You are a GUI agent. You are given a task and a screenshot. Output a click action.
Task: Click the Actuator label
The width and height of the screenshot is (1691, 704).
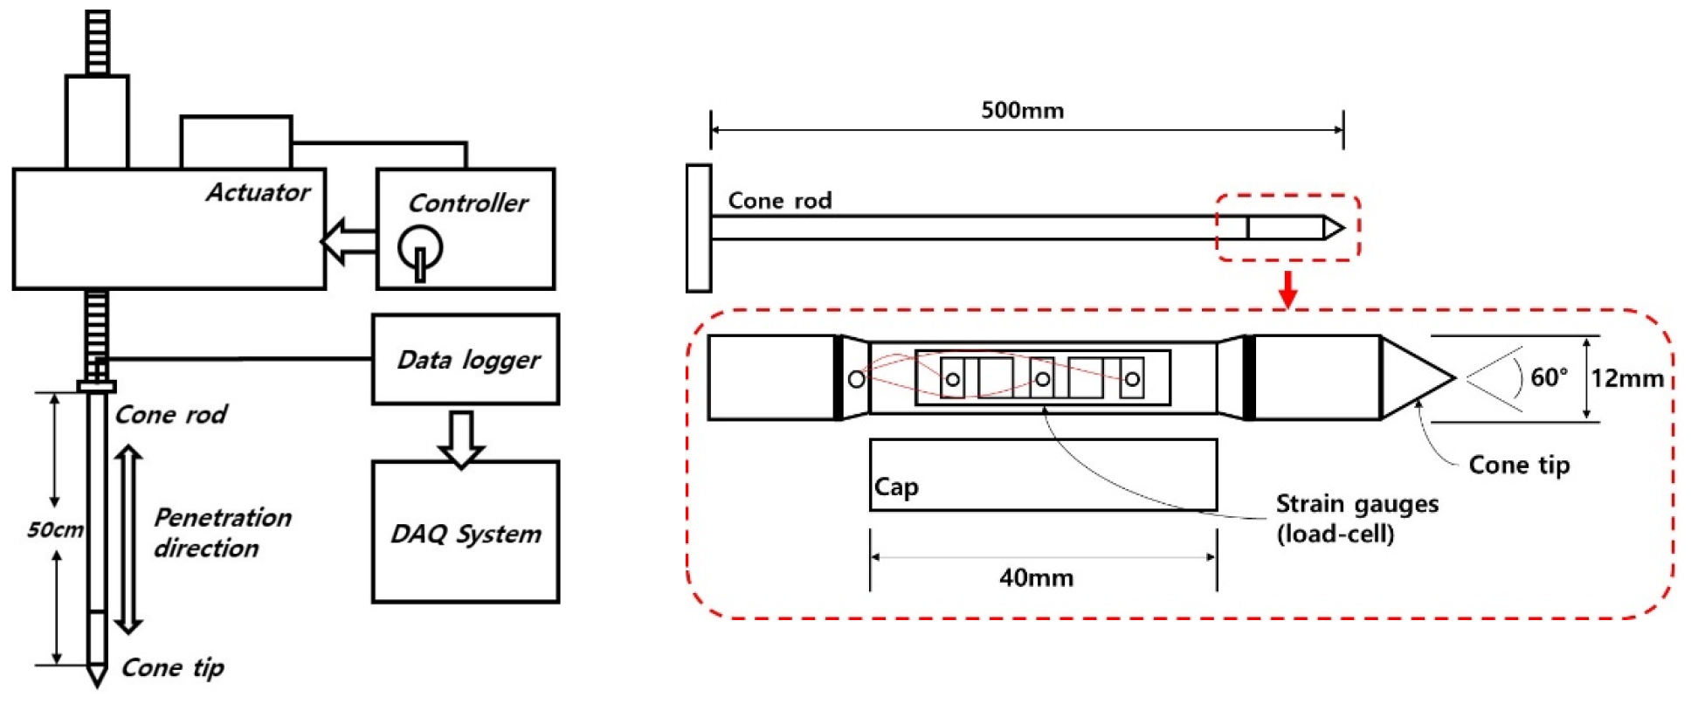[x=258, y=192]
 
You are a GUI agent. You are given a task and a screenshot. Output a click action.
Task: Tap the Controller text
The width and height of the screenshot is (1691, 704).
[x=467, y=204]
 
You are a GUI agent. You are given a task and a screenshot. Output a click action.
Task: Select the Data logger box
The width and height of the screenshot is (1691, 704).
[x=466, y=359]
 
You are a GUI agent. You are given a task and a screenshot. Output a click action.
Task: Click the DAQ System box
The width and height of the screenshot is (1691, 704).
[x=466, y=532]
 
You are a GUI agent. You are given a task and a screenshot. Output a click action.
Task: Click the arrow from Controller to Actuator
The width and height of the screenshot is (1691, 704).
[x=349, y=240]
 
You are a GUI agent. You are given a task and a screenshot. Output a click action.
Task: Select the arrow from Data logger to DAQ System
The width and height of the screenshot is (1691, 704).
[x=460, y=437]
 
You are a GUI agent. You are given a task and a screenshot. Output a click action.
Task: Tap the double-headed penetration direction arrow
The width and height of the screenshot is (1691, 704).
[x=128, y=539]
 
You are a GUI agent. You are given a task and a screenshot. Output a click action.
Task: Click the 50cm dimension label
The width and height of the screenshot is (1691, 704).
[x=55, y=529]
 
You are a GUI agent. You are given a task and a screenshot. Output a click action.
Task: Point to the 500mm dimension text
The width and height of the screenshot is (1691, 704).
[x=1022, y=111]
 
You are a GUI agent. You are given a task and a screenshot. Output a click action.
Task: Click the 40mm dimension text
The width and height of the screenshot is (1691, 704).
[x=1036, y=577]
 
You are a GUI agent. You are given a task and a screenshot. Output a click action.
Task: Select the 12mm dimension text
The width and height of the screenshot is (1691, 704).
[x=1626, y=378]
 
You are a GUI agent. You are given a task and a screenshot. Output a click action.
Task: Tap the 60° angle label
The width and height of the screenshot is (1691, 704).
[x=1549, y=377]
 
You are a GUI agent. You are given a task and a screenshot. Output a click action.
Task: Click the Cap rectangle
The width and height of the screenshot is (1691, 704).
[x=1043, y=474]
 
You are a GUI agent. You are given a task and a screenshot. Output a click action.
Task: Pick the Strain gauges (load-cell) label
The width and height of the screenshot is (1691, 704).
[x=1356, y=518]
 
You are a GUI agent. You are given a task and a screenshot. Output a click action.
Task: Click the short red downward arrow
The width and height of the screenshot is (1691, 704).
[x=1287, y=288]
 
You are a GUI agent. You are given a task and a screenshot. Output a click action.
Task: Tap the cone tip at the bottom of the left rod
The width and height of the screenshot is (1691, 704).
[x=97, y=674]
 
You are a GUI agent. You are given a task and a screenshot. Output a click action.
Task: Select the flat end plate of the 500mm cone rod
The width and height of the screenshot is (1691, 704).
[x=699, y=228]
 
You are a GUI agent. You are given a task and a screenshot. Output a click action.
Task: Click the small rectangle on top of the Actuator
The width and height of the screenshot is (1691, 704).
[x=236, y=141]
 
